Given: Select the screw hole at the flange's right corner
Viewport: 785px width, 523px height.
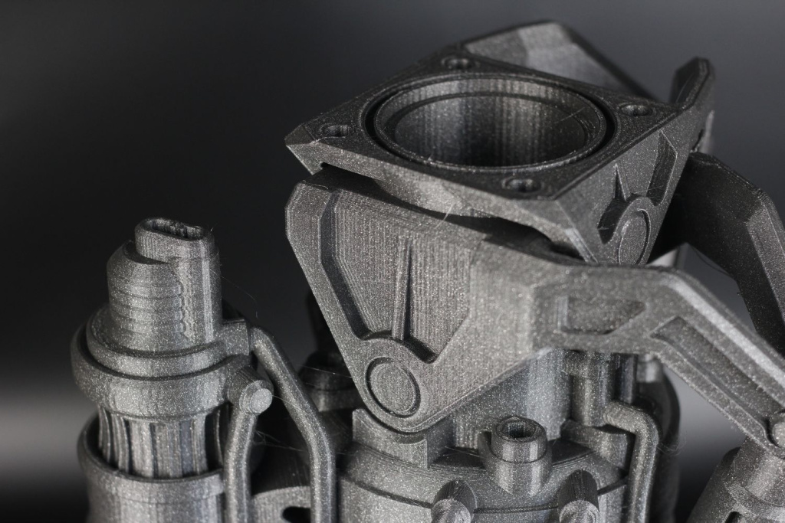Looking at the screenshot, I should point(636,110).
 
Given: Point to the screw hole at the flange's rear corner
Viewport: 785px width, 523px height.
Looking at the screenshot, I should point(457,62).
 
